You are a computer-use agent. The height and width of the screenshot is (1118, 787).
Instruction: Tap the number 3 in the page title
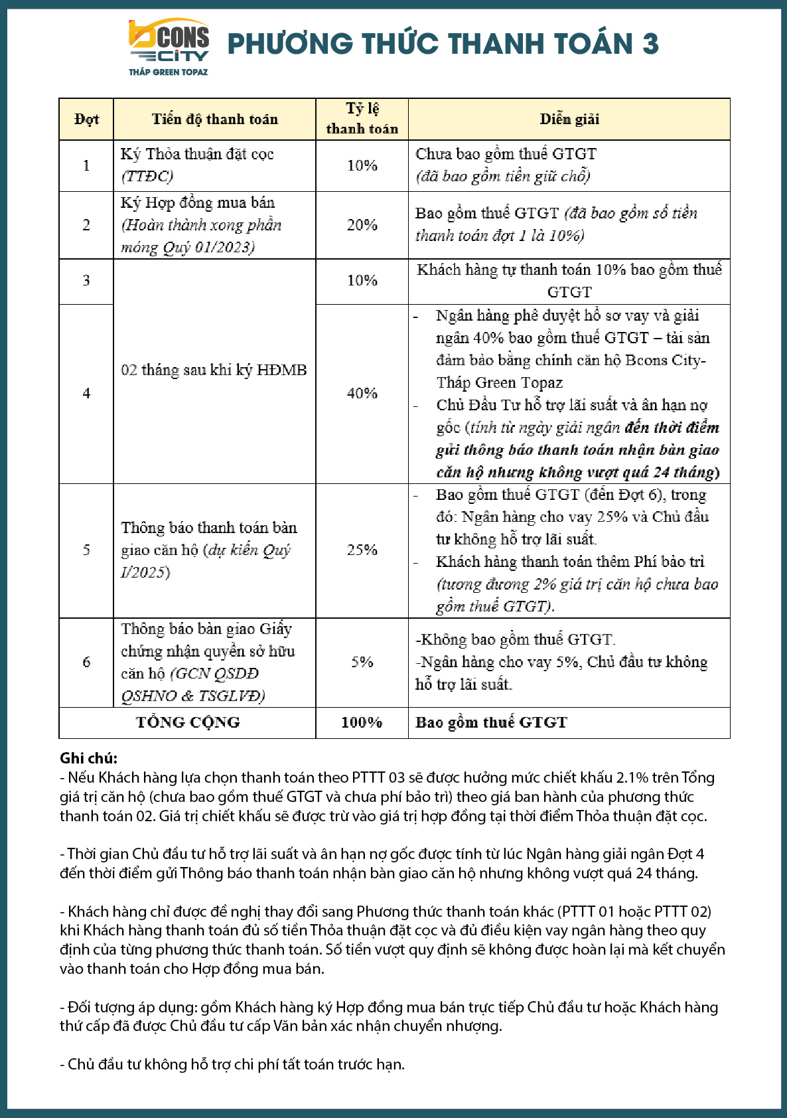pos(650,44)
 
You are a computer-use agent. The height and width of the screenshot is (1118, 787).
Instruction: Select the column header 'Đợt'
pos(86,120)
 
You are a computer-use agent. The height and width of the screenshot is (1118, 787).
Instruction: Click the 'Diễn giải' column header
pos(569,120)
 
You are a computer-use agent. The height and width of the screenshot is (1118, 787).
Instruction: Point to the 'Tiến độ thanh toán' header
pos(214,120)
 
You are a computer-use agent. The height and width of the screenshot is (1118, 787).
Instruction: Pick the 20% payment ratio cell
pos(362,225)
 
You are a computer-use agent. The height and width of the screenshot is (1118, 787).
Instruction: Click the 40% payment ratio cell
pos(362,393)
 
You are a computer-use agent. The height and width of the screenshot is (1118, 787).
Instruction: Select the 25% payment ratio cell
pos(362,550)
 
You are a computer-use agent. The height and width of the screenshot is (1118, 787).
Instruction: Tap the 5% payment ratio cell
pos(362,662)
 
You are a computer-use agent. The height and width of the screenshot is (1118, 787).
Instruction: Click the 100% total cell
pos(362,722)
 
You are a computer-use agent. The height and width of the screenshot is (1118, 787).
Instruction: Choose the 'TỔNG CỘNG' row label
pos(188,722)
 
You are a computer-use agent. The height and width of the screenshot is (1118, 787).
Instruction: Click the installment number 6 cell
pos(86,662)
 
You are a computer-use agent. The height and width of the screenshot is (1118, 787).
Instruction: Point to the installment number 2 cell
pos(86,225)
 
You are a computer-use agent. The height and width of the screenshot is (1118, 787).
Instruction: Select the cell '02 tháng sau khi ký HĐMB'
pos(214,370)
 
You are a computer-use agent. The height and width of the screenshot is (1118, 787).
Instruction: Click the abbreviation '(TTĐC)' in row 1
pos(147,176)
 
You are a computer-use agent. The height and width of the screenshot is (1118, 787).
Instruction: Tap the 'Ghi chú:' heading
pos(88,758)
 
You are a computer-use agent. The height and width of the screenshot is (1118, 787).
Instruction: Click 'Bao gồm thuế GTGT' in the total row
pos(491,722)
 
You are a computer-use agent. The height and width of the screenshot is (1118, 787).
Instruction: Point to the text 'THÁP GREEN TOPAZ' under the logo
pos(168,72)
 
